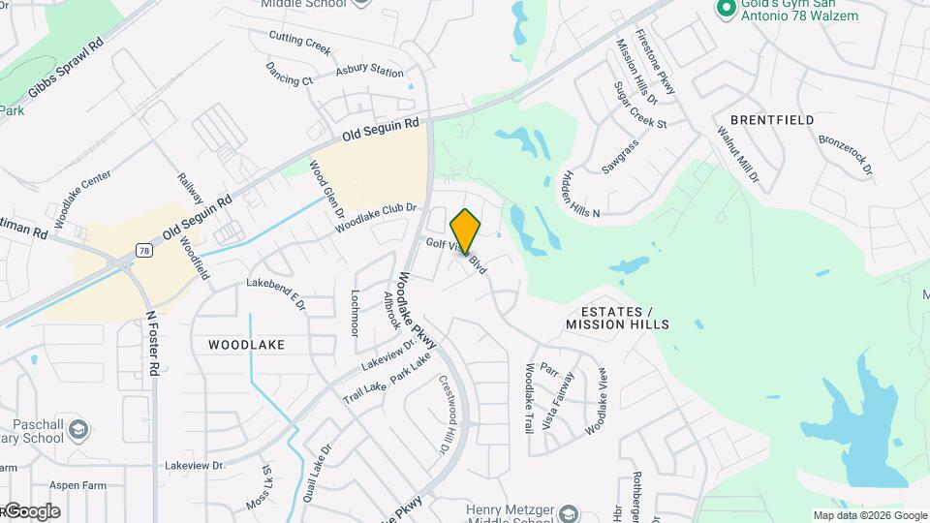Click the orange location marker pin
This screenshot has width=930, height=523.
pyautogui.click(x=466, y=231)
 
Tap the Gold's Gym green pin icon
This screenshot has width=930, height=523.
pyautogui.click(x=723, y=9)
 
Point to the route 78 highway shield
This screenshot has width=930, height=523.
pyautogui.click(x=143, y=250)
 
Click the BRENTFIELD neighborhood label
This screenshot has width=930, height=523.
pyautogui.click(x=772, y=119)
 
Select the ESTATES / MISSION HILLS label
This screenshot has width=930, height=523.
pyautogui.click(x=626, y=318)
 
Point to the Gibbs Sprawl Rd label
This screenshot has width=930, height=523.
pyautogui.click(x=66, y=71)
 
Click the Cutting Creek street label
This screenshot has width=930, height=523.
pyautogui.click(x=299, y=44)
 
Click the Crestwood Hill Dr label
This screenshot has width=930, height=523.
pyautogui.click(x=447, y=412)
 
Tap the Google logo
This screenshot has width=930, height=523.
pyautogui.click(x=32, y=511)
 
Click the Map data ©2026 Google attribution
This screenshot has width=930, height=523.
pyautogui.click(x=868, y=515)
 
